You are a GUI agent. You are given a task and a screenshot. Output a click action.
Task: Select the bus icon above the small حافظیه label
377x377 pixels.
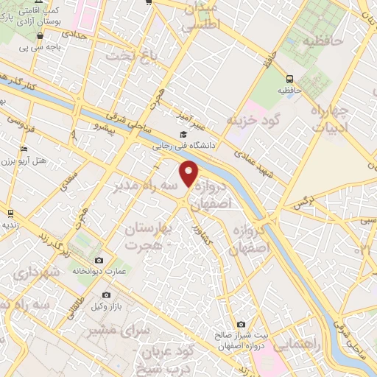coord(289,79)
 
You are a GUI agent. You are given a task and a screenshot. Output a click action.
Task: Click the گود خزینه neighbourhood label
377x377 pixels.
coord(255,120)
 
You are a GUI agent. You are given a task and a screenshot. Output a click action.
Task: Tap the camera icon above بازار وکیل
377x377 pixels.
coord(107,295)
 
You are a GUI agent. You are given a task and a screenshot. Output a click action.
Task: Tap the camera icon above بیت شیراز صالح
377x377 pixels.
coord(242,324)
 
